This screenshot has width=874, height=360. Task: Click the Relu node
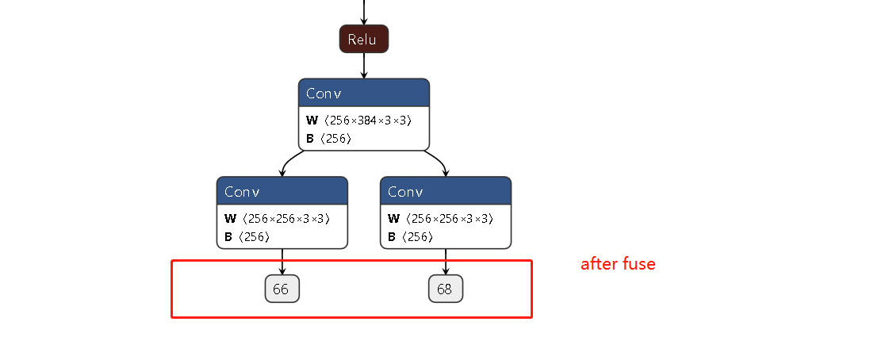tap(364, 39)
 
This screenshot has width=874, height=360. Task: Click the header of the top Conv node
tap(364, 93)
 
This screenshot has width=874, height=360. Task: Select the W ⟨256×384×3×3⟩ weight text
tap(358, 121)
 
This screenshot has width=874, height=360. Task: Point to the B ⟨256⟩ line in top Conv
tap(329, 139)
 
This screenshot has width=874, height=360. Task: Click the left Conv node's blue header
tap(282, 191)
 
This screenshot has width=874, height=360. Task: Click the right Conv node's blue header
tap(446, 191)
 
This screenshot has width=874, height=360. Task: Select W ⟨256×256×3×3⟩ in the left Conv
tap(277, 219)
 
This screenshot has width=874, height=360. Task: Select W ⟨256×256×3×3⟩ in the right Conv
tap(440, 219)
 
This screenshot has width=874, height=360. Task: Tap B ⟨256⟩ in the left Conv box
tap(247, 237)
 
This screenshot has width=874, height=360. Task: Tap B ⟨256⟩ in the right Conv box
tap(411, 237)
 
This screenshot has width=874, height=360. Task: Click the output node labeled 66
tap(282, 289)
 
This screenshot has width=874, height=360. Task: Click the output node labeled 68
tap(445, 289)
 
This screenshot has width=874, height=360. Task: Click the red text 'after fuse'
tap(618, 264)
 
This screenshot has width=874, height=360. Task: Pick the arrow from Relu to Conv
tap(364, 66)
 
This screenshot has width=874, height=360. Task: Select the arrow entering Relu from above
tap(364, 12)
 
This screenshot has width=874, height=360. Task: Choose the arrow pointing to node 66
tap(282, 262)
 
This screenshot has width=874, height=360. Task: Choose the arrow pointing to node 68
tap(446, 262)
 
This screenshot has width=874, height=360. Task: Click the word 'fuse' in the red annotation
tap(638, 264)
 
